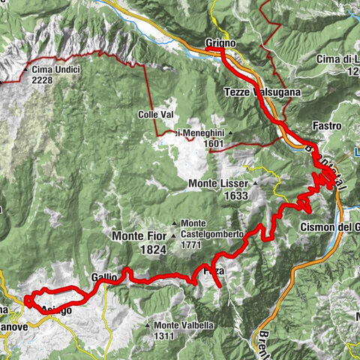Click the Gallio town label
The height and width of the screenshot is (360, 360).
click(x=104, y=277)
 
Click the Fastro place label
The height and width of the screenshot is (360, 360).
click(x=328, y=125)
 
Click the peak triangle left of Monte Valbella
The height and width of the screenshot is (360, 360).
click(x=149, y=325)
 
